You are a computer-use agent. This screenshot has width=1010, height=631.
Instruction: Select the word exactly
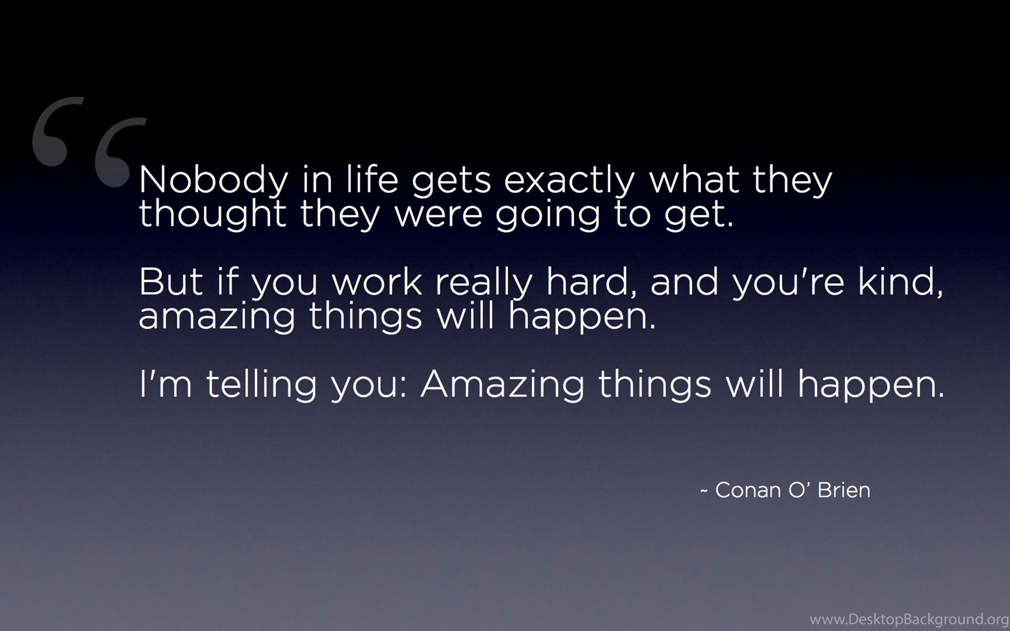pos(569,180)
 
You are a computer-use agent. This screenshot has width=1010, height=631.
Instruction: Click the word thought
pos(212,215)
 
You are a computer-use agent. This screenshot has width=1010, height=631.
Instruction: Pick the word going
pos(547,215)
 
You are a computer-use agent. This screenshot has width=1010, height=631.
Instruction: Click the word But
pos(171,282)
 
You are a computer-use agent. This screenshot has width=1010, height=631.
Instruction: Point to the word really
pos(484,282)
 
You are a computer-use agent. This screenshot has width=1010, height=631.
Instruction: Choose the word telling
pos(262,385)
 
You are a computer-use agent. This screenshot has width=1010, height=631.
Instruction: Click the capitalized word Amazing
pos(502,385)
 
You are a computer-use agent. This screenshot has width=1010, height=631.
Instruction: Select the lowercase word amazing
pos(216,317)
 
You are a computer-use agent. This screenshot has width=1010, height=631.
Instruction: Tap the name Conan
pos(748,490)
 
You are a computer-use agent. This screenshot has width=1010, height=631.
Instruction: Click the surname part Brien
pos(843,490)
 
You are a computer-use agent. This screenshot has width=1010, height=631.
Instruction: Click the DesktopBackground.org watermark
pos(909,620)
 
